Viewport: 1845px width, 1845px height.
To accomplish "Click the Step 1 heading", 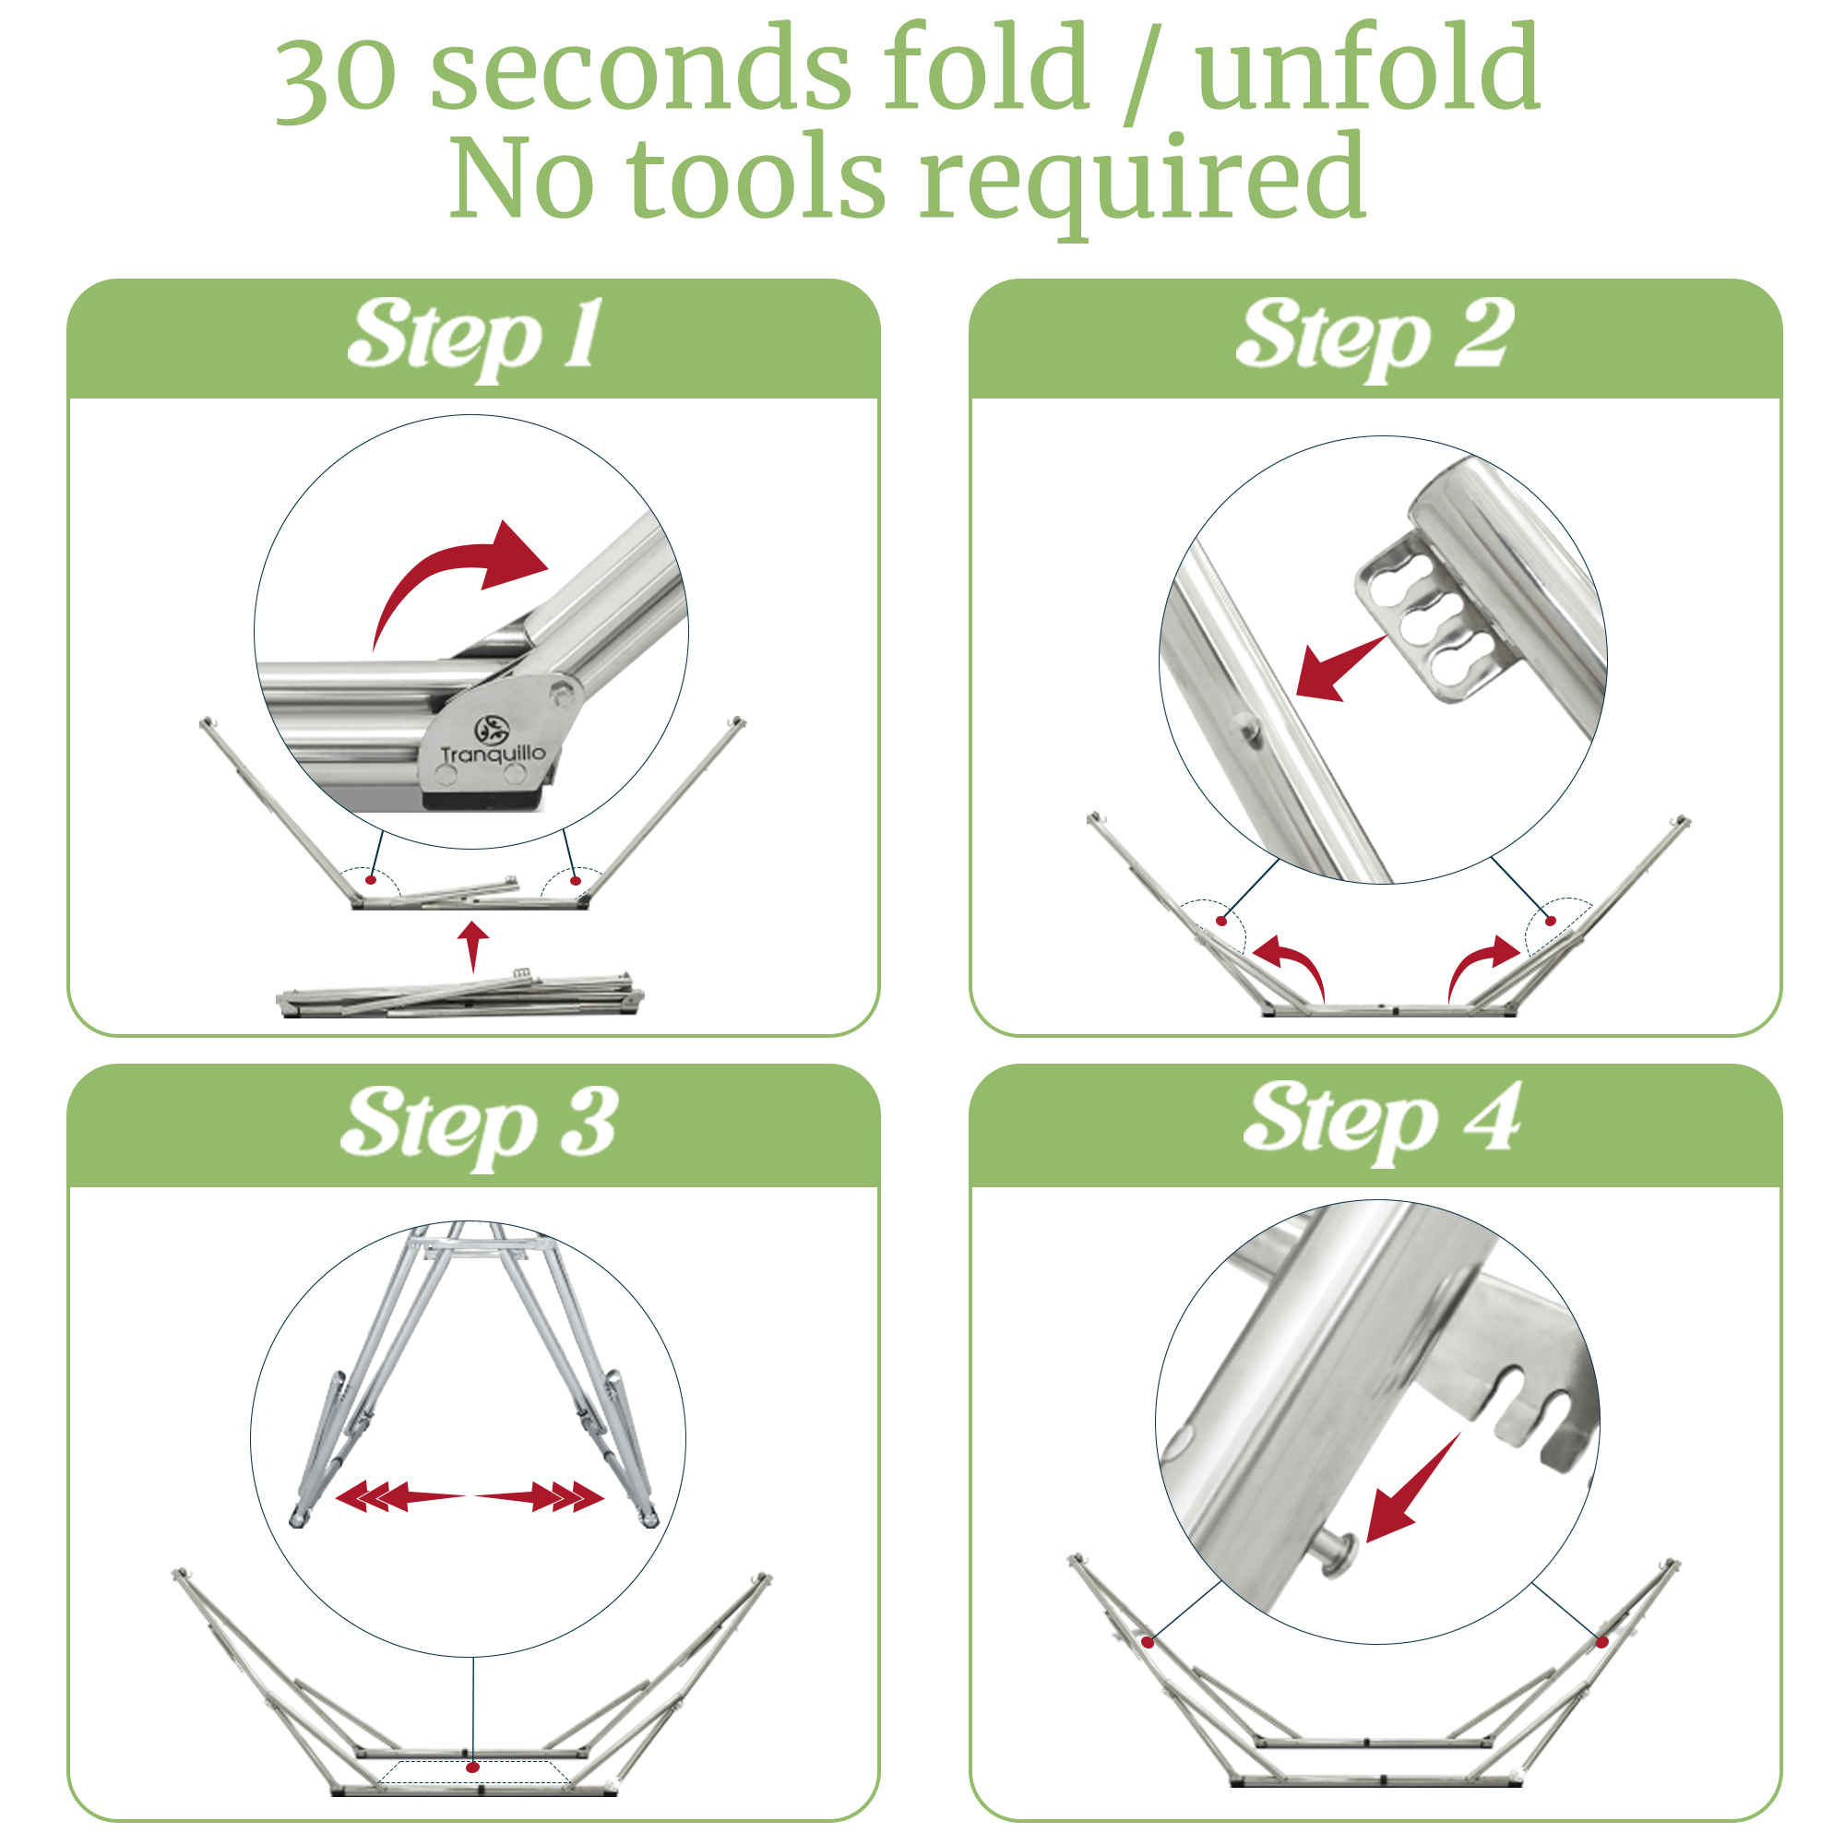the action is [x=473, y=336].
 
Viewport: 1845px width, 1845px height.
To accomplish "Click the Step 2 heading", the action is [x=1375, y=336].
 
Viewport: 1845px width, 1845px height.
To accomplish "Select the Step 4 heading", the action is [x=1381, y=1121].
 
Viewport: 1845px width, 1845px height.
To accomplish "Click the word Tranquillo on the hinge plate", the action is [x=493, y=755].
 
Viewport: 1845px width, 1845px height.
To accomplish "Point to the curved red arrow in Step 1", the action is [x=449, y=573].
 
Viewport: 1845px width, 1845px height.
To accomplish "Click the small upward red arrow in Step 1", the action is [x=472, y=946].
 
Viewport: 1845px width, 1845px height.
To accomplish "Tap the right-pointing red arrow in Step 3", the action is [x=540, y=1495].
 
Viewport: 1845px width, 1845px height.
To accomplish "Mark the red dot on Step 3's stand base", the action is [x=471, y=1768].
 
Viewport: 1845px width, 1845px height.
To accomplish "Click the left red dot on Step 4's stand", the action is [x=1148, y=1642].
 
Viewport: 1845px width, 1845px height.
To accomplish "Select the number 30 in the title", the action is [x=336, y=74].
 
